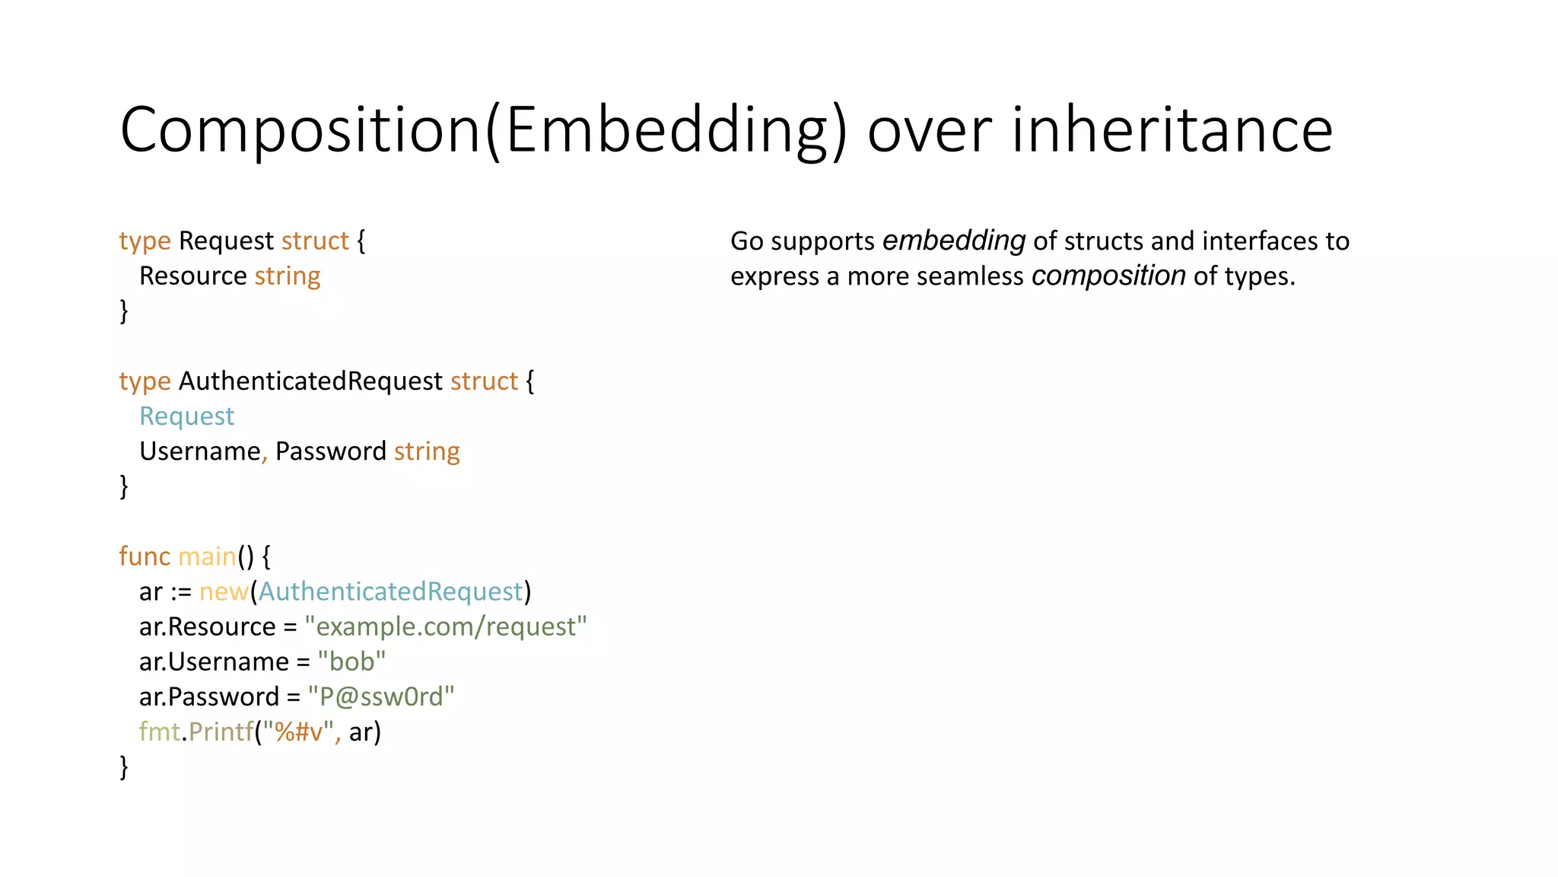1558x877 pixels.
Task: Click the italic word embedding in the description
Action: coord(953,241)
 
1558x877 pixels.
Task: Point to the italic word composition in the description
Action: coord(1108,276)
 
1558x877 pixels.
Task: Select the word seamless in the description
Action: coord(970,276)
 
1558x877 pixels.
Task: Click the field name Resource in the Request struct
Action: coord(193,276)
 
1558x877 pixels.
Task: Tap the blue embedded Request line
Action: coord(186,416)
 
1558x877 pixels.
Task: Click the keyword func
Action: coord(145,556)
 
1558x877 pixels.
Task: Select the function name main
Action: coord(206,556)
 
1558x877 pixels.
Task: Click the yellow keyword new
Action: coord(224,592)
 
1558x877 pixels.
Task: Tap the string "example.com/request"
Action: coord(446,627)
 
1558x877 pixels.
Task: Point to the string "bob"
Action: coord(351,662)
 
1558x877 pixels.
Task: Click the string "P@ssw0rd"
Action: coord(380,697)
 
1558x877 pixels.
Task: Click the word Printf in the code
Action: coord(221,732)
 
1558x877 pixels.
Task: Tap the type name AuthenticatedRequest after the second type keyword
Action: coord(310,381)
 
